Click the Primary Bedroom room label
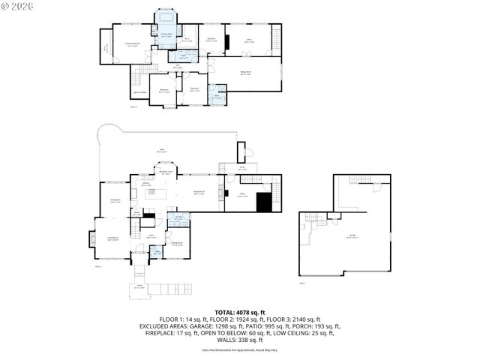[x=133, y=44]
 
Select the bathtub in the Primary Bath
[x=165, y=17]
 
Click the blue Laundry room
[x=178, y=218]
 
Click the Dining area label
[x=116, y=201]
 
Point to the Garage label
[x=352, y=236]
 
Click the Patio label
[x=160, y=151]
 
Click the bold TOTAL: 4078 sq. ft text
[x=240, y=312]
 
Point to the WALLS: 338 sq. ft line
[x=240, y=341]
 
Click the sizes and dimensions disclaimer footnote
[x=240, y=349]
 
